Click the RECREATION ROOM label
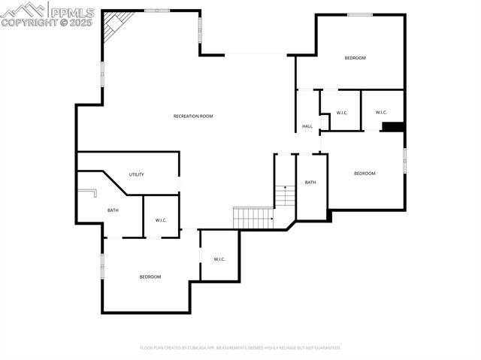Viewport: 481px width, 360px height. click(x=193, y=116)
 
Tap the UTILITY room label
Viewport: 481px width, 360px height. click(x=136, y=174)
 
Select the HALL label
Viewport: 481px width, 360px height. click(x=307, y=126)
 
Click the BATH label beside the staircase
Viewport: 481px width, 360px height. click(x=310, y=183)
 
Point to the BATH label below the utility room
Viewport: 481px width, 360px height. click(x=113, y=210)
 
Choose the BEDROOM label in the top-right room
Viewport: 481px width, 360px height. click(x=355, y=58)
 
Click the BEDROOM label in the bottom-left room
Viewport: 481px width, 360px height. click(x=150, y=277)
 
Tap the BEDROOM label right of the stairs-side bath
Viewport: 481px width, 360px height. click(x=365, y=174)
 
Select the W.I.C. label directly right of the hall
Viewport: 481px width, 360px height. click(x=342, y=113)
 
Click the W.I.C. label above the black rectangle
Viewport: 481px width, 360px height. click(x=381, y=113)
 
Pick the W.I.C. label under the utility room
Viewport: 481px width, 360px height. click(x=161, y=220)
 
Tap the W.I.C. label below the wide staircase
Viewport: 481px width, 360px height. click(x=219, y=259)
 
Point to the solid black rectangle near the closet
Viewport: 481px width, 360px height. click(x=393, y=127)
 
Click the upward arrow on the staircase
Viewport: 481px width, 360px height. click(x=285, y=188)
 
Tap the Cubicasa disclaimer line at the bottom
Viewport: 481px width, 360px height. click(x=240, y=348)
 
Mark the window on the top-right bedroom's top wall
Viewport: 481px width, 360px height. click(x=359, y=14)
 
